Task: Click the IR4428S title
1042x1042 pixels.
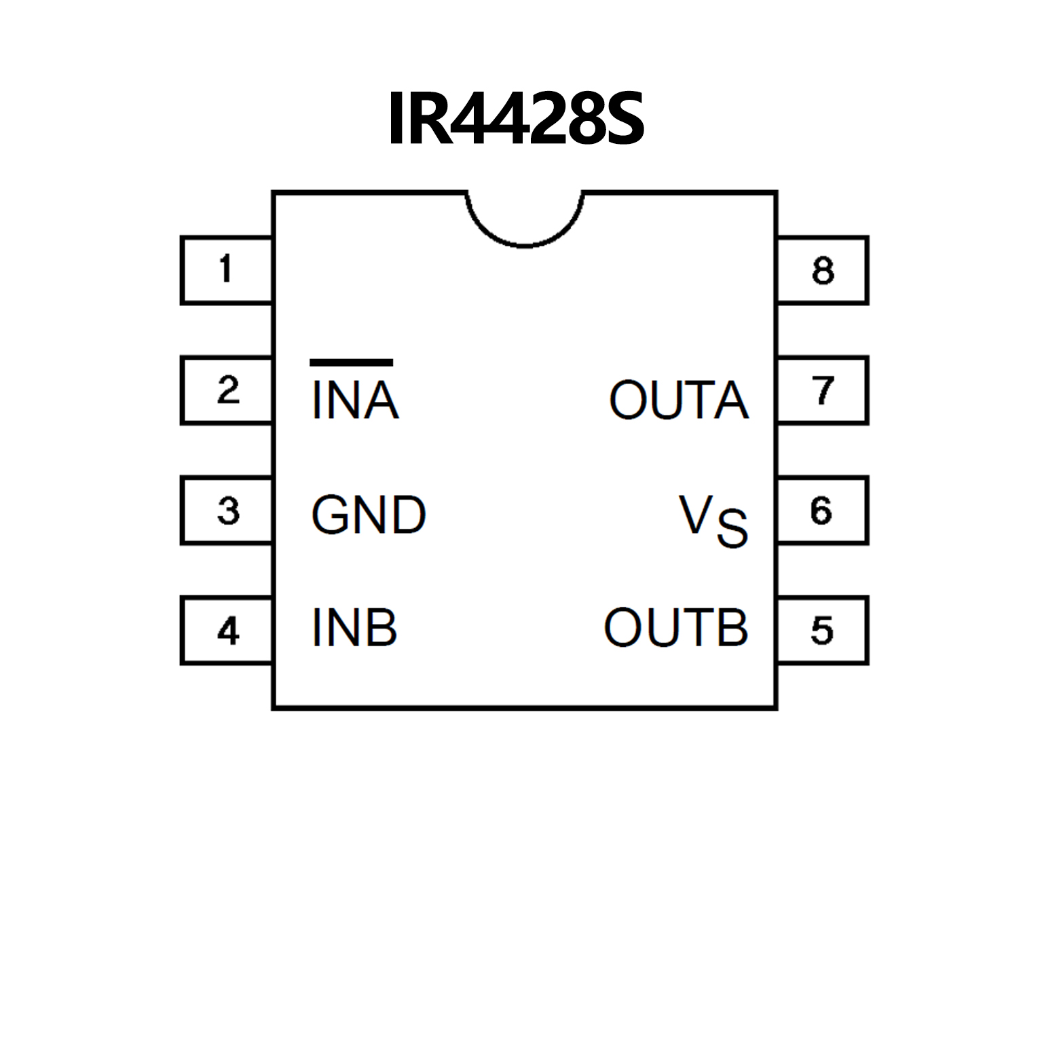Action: tap(516, 119)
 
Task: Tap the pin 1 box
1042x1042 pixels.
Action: tap(227, 270)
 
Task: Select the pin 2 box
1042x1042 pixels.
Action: tap(227, 390)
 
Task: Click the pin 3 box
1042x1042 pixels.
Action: tap(227, 510)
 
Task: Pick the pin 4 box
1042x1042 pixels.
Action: tap(227, 631)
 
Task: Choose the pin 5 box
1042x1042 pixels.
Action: tap(823, 631)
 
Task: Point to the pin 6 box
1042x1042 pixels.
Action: tap(823, 510)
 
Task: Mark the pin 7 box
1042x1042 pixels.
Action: tap(823, 390)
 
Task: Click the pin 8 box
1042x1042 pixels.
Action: tap(823, 270)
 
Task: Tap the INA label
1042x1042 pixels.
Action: tap(354, 401)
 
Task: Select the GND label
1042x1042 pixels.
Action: tap(369, 515)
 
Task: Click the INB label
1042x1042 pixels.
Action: tap(354, 628)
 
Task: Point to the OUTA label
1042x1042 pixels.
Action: tap(679, 401)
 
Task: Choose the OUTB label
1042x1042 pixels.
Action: tap(676, 628)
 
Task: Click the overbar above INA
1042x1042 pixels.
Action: tap(351, 362)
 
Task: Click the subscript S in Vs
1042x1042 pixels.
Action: tap(732, 528)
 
